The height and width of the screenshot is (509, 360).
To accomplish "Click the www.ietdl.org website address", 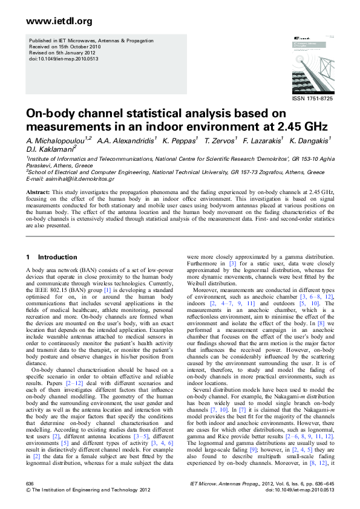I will coord(59,21).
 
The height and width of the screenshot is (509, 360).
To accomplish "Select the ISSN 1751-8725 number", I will coord(312,98).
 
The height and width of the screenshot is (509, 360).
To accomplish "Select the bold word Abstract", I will coord(38,192).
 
